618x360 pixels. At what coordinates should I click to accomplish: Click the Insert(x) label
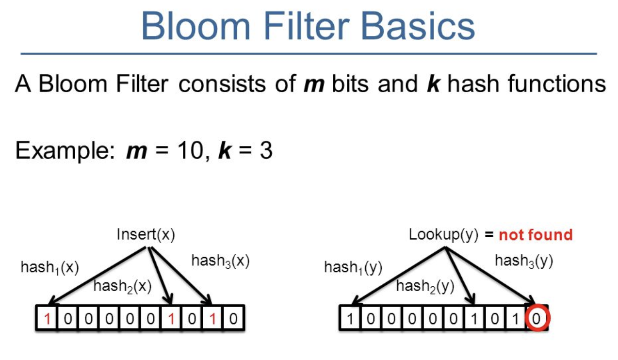146,235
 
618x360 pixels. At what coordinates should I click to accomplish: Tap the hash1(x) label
49,267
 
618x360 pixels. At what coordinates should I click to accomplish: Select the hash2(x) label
122,287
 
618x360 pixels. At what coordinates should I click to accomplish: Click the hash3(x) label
220,261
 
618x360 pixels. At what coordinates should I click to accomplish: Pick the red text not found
536,235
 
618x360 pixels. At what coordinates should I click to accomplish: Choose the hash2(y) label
425,287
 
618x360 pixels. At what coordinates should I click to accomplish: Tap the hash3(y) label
524,261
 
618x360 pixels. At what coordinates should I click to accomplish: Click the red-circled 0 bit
537,319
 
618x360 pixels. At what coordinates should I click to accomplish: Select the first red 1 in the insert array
47,319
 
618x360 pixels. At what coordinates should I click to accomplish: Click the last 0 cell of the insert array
233,319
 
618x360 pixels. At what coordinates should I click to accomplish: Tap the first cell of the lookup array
350,319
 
